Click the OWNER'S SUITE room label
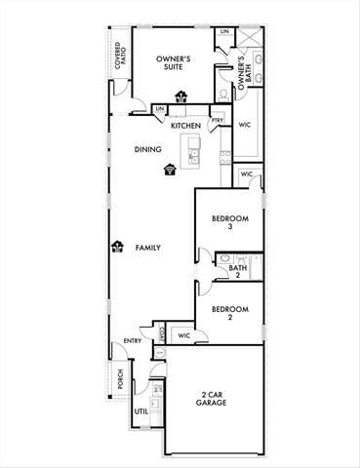coord(174,64)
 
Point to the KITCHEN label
coord(185,126)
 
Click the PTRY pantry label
coord(216,121)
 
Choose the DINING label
coord(148,150)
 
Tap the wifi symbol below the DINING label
coord(171,169)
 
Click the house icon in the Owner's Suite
coord(180,96)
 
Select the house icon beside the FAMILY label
coord(118,248)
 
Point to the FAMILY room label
coord(148,248)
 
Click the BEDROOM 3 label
coord(230,222)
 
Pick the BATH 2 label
coord(237,271)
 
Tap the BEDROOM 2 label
coord(230,314)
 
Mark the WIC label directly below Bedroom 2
coord(182,336)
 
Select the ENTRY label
coord(132,341)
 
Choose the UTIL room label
coord(140,411)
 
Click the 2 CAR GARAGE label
coord(211,399)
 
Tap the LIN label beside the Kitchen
coord(160,110)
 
